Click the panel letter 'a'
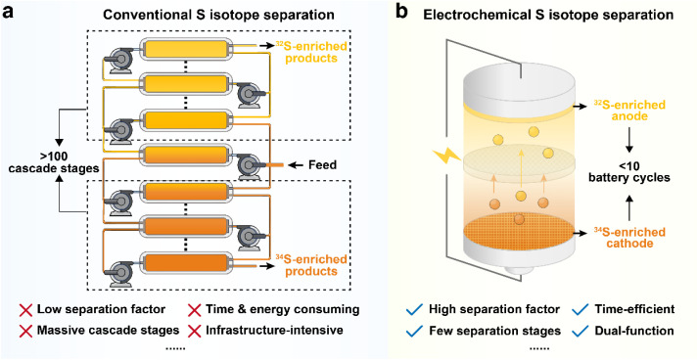(x=9, y=13)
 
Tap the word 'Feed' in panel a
(x=323, y=165)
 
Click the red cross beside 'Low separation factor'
(x=25, y=309)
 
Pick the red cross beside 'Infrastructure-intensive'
(x=195, y=331)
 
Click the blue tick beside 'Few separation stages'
(x=414, y=331)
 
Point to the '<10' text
(x=629, y=166)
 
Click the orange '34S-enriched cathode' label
(x=629, y=238)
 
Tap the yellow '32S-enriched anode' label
(x=629, y=111)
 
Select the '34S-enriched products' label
(x=310, y=265)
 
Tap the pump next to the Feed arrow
(x=249, y=164)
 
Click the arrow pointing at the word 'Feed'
(x=296, y=165)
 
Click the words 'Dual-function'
(x=634, y=331)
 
